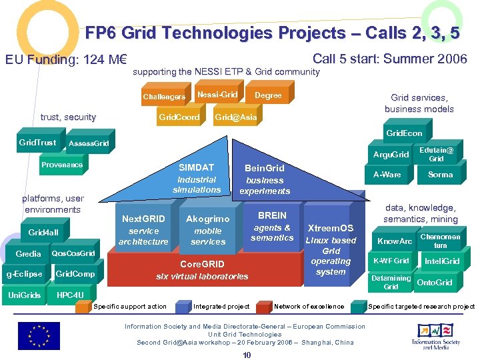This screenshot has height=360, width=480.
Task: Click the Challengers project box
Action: point(164,97)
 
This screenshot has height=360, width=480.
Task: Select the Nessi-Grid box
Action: point(217,95)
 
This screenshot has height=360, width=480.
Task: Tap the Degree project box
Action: point(268,95)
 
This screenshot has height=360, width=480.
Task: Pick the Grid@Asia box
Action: point(235,117)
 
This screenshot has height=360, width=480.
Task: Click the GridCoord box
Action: point(179,117)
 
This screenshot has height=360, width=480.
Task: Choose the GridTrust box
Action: point(37,142)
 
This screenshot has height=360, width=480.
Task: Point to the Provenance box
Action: point(62,165)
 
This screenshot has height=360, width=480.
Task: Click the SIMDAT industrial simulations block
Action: point(196,179)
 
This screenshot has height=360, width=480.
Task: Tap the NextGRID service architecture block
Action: point(143,230)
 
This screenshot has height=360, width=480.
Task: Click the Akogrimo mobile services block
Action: point(207,230)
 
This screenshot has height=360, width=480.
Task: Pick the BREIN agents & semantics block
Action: point(272,227)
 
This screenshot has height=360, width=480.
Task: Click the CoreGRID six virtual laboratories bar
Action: point(201,270)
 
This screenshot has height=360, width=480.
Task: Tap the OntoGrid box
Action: point(434,283)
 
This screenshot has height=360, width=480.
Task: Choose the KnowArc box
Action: point(395,241)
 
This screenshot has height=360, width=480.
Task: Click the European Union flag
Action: point(38,335)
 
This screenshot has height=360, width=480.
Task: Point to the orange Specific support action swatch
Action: point(83,307)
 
